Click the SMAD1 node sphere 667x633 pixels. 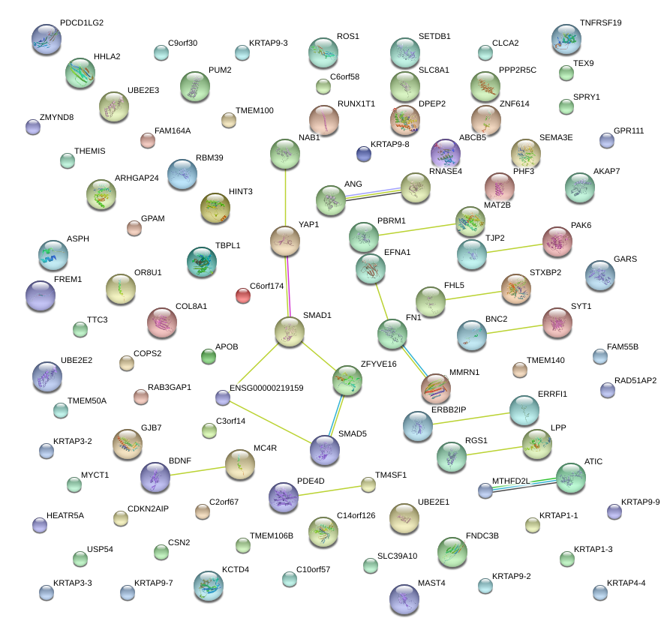click(289, 331)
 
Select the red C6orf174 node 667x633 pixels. click(243, 295)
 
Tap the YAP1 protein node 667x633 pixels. click(285, 241)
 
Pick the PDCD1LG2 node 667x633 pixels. click(47, 38)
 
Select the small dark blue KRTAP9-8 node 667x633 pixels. click(364, 154)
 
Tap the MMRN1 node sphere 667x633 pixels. click(436, 388)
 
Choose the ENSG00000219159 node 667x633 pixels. click(222, 397)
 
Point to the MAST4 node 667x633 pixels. click(405, 598)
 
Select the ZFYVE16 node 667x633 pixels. click(347, 381)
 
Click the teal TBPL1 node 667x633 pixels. click(201, 261)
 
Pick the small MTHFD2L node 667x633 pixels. click(485, 490)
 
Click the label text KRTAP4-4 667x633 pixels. click(626, 583)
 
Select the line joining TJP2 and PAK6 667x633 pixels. click(515, 247)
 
